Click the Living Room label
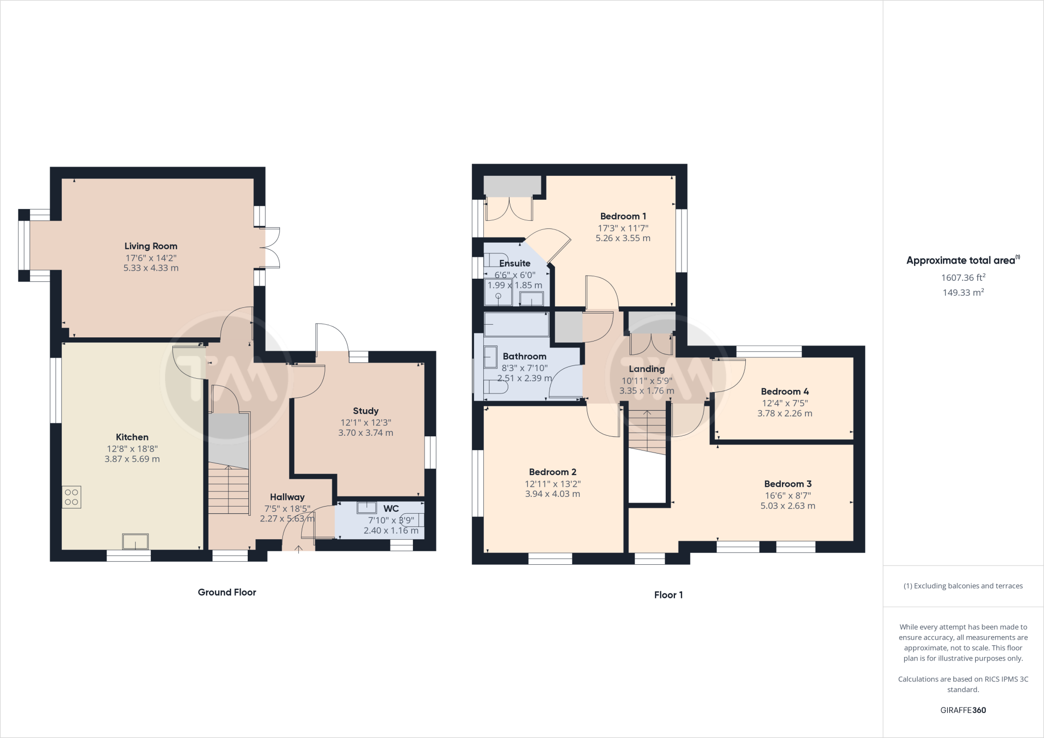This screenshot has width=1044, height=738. [151, 246]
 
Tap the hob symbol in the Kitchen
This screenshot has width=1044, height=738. [71, 497]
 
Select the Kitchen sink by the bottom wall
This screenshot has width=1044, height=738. [135, 541]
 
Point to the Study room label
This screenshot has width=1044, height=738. [366, 411]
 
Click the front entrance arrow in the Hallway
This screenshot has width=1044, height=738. [298, 549]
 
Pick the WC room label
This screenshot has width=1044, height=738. [391, 509]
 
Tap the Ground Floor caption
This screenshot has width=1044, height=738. [227, 592]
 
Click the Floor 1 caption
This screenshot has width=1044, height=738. [668, 595]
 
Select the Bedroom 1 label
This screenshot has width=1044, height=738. [623, 216]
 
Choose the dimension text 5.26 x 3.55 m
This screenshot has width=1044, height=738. [623, 238]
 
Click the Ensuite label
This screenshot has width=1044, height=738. [515, 263]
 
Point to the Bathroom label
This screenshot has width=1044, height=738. [525, 356]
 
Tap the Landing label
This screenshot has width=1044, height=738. [646, 369]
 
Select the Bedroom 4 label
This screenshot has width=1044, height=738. [785, 391]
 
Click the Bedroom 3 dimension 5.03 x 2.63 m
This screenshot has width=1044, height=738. [788, 506]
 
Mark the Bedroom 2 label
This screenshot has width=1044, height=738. [553, 472]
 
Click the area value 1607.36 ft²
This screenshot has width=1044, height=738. [963, 278]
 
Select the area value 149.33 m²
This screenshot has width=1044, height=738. [963, 293]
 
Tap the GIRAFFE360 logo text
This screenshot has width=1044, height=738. [963, 710]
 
